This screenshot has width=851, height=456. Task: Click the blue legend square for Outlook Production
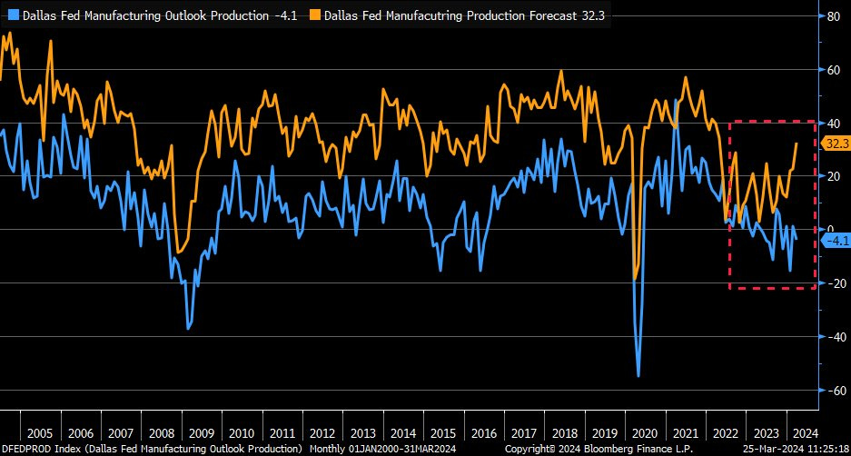(8, 15)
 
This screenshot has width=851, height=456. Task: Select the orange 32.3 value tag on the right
(835, 143)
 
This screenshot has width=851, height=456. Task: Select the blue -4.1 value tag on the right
(835, 241)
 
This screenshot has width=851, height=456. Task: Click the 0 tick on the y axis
(828, 230)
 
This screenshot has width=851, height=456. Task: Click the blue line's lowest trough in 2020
(638, 375)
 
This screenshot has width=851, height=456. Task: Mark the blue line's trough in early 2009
(188, 328)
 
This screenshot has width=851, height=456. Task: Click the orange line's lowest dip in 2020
(635, 278)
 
